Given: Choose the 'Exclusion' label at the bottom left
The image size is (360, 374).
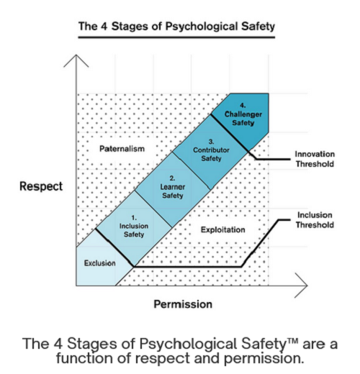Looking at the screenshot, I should (99, 263).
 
